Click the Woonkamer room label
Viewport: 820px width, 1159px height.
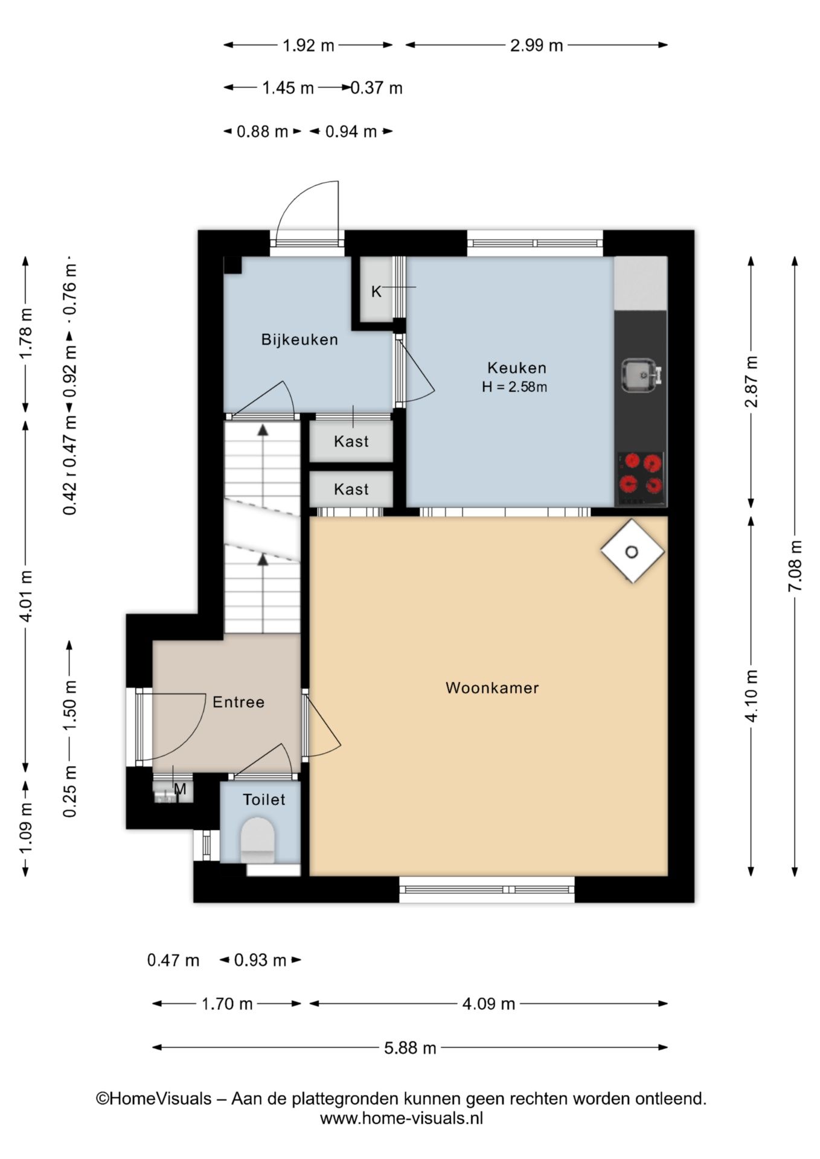pos(492,688)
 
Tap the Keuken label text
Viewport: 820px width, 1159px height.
pos(517,368)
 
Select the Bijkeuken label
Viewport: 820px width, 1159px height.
pos(299,340)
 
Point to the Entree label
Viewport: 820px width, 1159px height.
pos(239,702)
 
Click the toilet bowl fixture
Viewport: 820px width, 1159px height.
pos(258,840)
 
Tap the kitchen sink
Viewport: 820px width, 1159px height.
pos(641,375)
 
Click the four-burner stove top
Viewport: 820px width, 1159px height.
pos(641,479)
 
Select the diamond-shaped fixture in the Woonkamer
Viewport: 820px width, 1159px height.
pos(632,551)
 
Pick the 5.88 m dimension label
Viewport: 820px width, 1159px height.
pos(410,1048)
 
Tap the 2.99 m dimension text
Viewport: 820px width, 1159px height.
pos(536,45)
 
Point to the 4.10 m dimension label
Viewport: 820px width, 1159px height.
pos(751,695)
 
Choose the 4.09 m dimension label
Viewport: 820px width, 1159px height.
pos(488,1004)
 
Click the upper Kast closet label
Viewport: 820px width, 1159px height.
pos(351,442)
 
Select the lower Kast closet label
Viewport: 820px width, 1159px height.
pos(351,489)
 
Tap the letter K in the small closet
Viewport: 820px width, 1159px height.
pos(376,292)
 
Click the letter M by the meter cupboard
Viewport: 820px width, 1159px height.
pos(180,789)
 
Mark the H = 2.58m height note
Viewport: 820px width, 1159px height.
pos(514,387)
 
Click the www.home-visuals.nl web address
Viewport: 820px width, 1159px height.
pos(402,1119)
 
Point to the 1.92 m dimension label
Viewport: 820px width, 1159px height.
pos(309,45)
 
